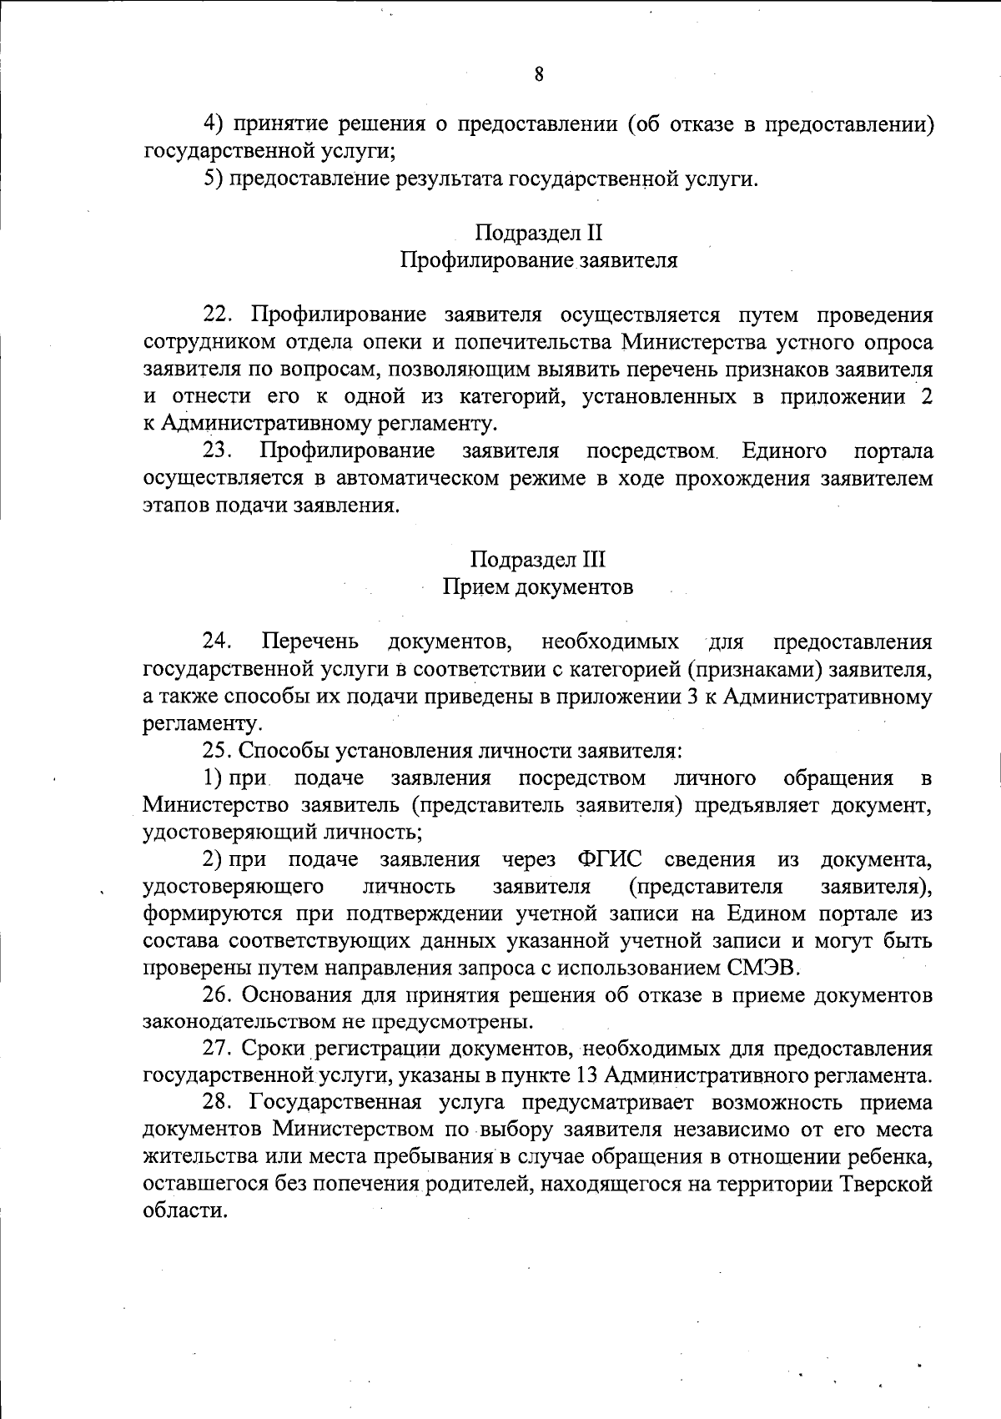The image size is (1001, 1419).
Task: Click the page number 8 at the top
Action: pyautogui.click(x=539, y=74)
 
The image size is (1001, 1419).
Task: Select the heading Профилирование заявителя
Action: pyautogui.click(x=539, y=260)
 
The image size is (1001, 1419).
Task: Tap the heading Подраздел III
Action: pyautogui.click(x=538, y=559)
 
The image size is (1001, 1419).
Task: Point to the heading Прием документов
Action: pyautogui.click(x=538, y=587)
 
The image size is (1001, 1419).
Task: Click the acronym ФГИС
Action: pyautogui.click(x=607, y=859)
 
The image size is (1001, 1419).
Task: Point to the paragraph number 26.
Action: pyautogui.click(x=218, y=995)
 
